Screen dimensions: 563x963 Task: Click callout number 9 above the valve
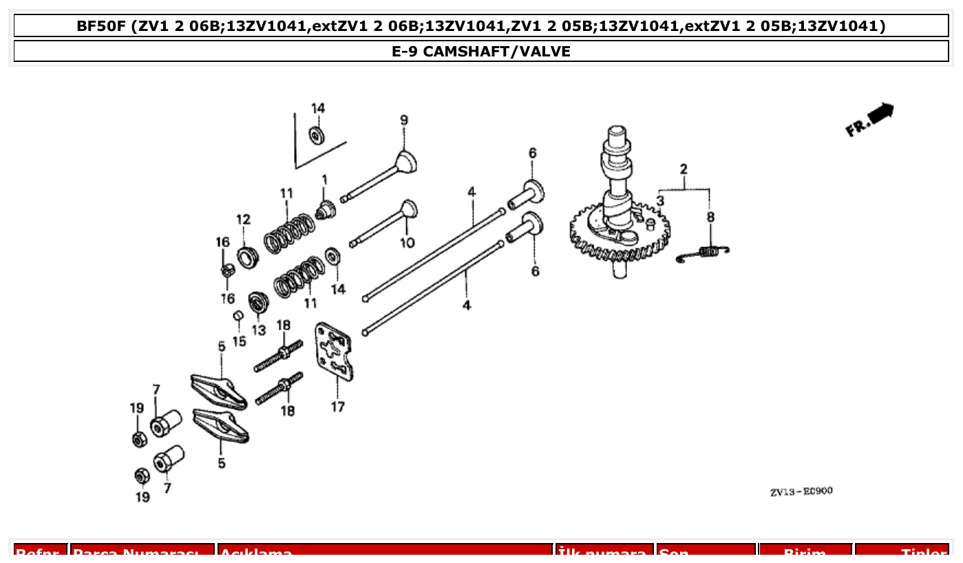(x=404, y=120)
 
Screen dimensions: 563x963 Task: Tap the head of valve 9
(x=407, y=162)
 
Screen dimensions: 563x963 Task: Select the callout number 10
(x=407, y=243)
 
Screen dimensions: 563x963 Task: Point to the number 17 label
(x=337, y=407)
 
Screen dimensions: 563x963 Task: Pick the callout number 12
(x=244, y=220)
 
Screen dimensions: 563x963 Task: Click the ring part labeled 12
(x=247, y=257)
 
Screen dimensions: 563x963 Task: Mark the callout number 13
(x=258, y=330)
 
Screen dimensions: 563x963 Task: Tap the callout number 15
(x=239, y=341)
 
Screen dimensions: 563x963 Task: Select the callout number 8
(x=710, y=217)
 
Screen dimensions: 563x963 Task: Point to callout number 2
(x=684, y=169)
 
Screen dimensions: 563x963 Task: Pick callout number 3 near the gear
(x=660, y=201)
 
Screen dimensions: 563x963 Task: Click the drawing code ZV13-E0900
(x=801, y=491)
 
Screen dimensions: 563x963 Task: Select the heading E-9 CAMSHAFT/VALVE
(x=481, y=52)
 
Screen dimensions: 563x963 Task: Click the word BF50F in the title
(x=102, y=26)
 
